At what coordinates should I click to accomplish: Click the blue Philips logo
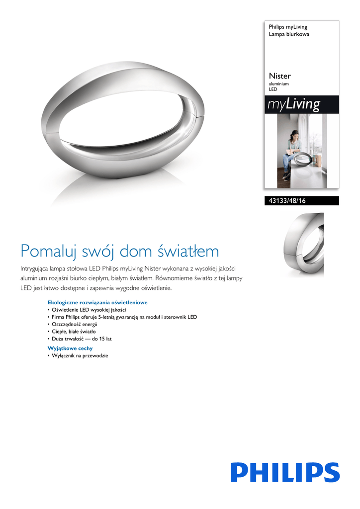[x=285, y=473]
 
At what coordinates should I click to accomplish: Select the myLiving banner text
[x=293, y=104]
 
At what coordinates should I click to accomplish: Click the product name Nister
[x=279, y=76]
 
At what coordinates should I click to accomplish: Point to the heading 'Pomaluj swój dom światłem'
[x=119, y=251]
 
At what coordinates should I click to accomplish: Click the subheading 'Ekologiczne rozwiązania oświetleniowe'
[x=97, y=302]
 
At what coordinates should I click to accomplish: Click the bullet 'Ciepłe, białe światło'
[x=74, y=332]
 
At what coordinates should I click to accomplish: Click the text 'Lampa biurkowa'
[x=289, y=34]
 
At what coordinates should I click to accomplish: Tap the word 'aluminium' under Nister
[x=278, y=85]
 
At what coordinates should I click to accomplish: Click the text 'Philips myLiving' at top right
[x=288, y=27]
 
